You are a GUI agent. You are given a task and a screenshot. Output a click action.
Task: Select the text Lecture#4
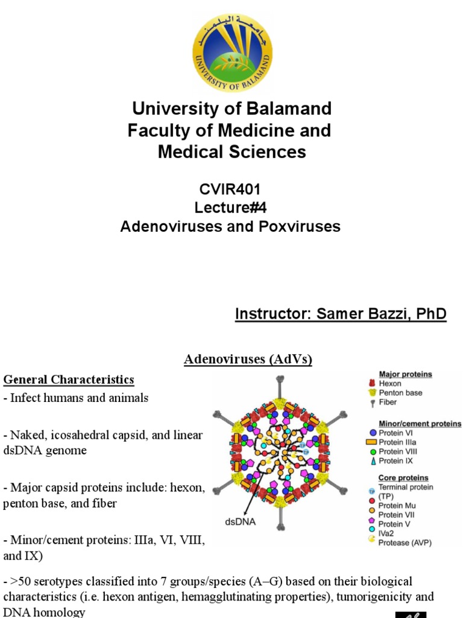(230, 208)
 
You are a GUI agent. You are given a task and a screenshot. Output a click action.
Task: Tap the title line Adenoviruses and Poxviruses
(230, 226)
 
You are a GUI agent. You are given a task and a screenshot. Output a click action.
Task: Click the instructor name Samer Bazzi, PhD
(341, 314)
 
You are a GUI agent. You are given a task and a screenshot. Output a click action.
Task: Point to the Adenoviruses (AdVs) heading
(248, 360)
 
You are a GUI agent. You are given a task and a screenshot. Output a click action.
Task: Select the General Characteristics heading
(69, 380)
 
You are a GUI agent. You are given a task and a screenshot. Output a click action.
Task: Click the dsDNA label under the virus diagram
(241, 523)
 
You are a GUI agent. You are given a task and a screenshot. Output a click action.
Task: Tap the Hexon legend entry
(390, 383)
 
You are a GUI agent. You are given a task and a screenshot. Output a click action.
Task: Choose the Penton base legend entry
(400, 393)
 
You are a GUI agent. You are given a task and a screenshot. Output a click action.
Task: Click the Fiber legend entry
(388, 402)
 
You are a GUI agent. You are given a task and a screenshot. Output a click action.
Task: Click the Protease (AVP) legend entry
(405, 543)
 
